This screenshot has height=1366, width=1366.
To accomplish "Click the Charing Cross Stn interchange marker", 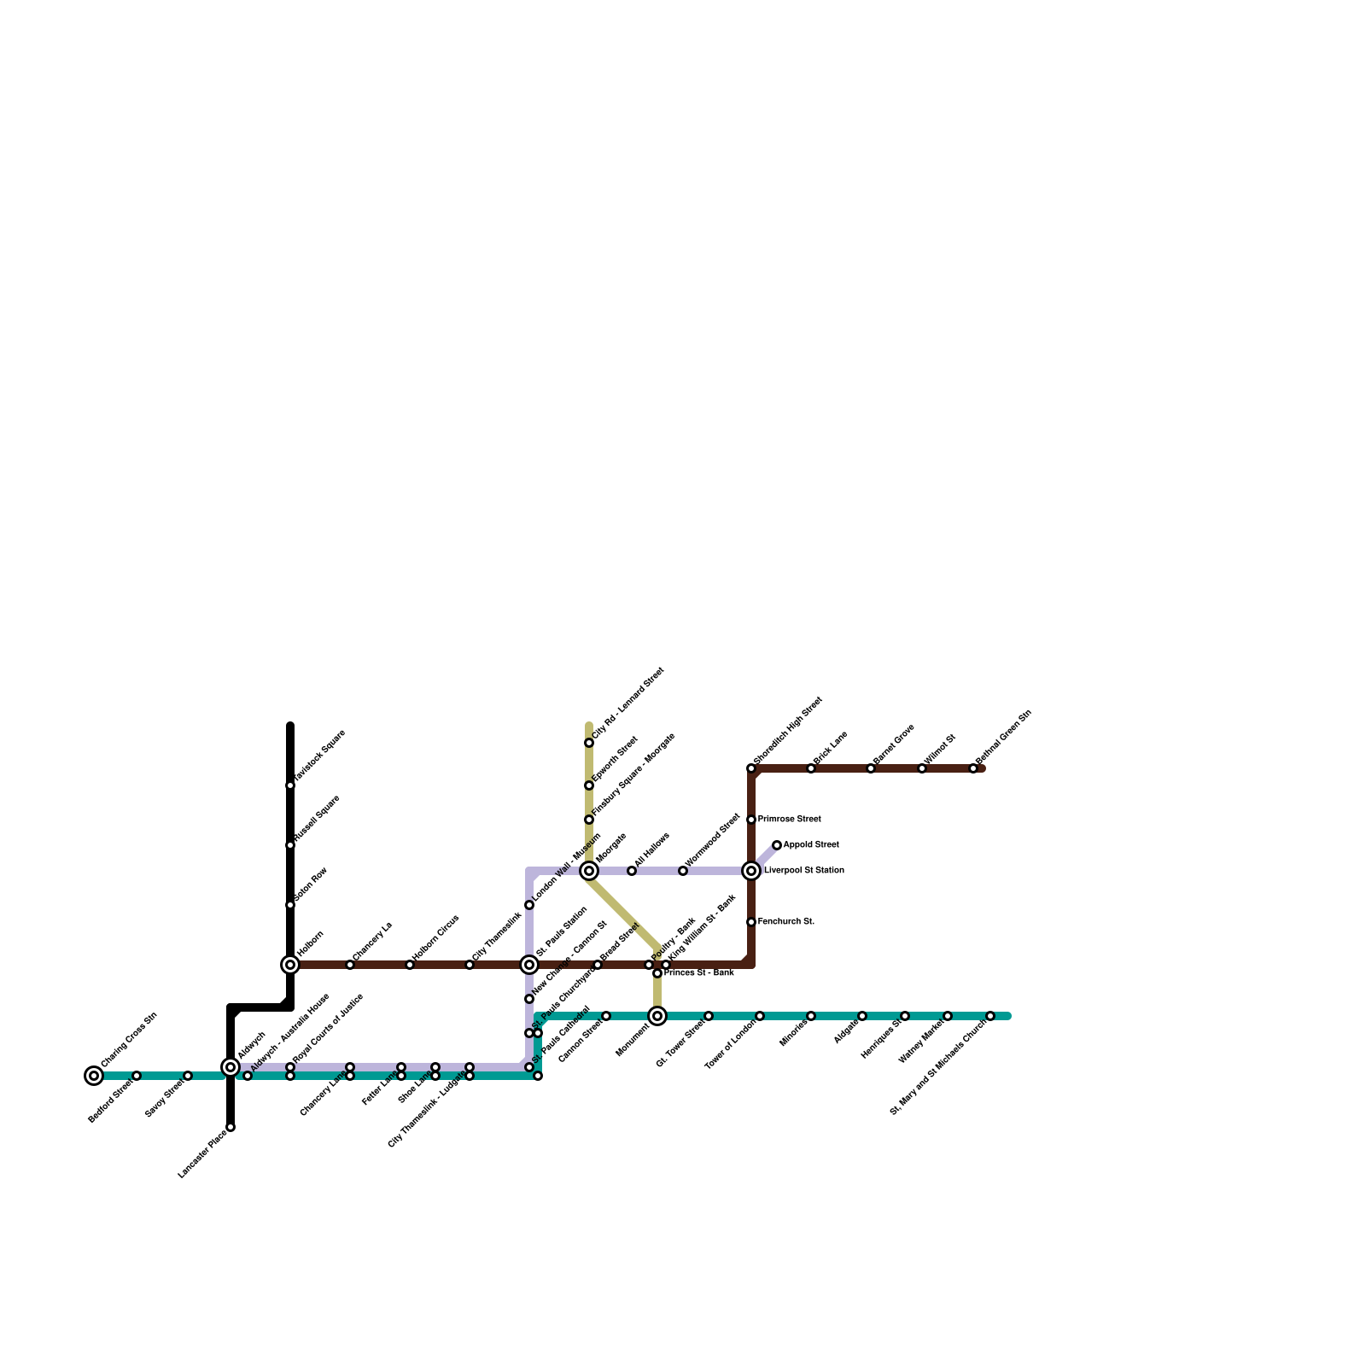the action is (94, 1076).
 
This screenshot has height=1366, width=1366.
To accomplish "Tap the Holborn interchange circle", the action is (290, 965).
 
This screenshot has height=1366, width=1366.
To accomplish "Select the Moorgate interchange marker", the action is (589, 871).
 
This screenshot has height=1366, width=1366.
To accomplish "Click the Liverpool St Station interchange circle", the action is (751, 871).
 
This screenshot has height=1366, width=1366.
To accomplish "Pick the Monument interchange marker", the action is (657, 1016).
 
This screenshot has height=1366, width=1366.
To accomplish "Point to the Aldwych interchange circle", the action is (231, 1067).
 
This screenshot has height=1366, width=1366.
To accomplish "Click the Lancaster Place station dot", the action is (231, 1127).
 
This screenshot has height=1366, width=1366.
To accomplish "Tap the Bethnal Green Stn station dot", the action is (973, 768).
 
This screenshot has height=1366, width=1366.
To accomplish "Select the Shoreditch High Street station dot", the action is (751, 768).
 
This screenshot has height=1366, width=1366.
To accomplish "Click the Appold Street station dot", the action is (777, 845).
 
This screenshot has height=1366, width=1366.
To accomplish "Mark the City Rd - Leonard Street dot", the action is (589, 743).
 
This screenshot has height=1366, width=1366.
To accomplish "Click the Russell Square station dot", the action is (290, 845).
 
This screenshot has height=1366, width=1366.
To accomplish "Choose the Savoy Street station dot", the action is (188, 1076).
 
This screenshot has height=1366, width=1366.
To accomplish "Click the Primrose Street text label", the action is (789, 820).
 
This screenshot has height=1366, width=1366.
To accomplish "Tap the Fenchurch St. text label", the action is (785, 922).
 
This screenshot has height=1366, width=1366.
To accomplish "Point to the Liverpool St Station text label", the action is (803, 871).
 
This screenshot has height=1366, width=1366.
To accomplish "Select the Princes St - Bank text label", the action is (698, 973).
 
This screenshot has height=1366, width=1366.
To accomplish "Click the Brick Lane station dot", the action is (811, 768).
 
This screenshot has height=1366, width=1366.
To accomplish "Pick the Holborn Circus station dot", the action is (410, 965).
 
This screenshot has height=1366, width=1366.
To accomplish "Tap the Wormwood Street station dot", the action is (683, 871).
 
